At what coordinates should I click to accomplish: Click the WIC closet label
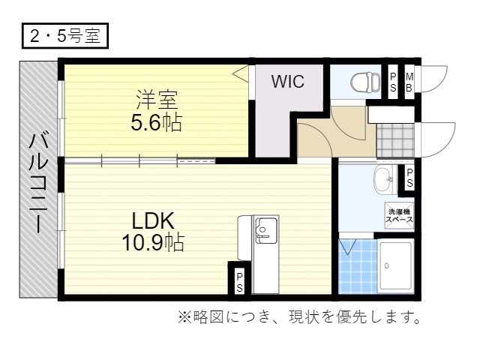point(288,82)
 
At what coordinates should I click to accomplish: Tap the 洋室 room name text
point(157,100)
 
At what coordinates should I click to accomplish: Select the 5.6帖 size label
point(157,123)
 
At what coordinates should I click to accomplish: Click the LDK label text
point(153,220)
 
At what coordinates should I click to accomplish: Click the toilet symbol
point(365,82)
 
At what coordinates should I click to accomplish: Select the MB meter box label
point(409,82)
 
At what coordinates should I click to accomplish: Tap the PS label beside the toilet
point(393,82)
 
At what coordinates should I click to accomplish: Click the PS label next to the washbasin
point(409,178)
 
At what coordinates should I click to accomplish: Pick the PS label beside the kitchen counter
point(240,282)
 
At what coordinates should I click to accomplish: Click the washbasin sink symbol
point(385,180)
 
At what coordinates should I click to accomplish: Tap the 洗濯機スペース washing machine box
point(399,215)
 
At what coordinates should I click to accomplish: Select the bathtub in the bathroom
point(396,265)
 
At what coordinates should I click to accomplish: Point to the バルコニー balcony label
point(39,183)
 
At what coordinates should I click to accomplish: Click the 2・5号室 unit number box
point(65,36)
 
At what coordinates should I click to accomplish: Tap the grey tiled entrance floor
point(395,140)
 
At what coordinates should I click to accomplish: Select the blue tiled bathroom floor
point(358,265)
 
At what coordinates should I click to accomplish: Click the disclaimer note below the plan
point(299,317)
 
